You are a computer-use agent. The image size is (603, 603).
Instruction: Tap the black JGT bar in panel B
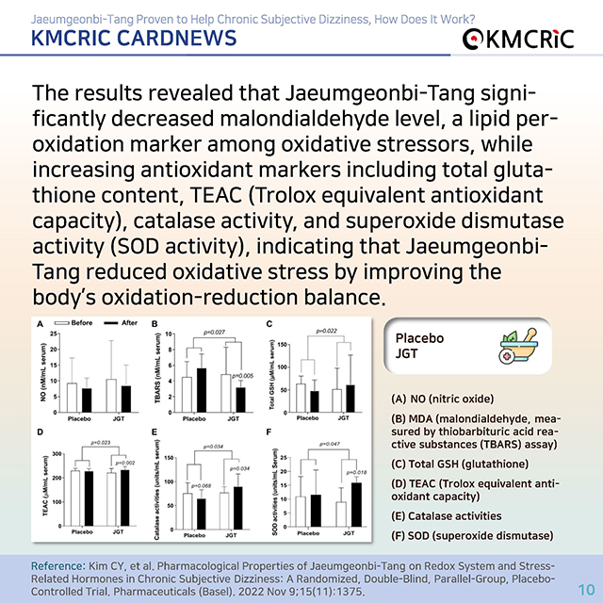(240, 399)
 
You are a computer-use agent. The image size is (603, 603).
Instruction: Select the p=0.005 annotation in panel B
(246, 374)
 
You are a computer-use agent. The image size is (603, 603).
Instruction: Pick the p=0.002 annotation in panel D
(125, 462)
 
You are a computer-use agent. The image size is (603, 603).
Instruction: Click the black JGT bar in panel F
(356, 503)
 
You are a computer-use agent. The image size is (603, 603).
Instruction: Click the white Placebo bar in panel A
(72, 397)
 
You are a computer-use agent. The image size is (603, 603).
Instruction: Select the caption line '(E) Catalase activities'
(448, 515)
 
